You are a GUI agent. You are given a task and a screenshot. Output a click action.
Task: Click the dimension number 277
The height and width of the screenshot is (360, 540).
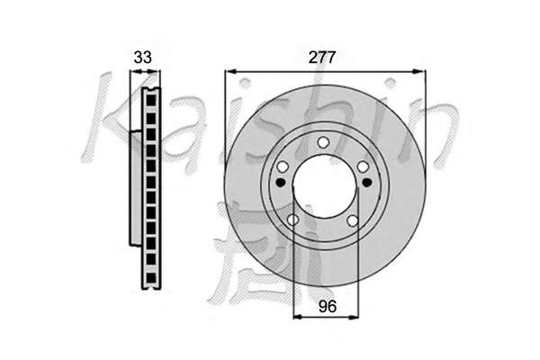321,58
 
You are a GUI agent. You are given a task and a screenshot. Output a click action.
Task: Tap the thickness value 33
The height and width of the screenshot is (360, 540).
142,58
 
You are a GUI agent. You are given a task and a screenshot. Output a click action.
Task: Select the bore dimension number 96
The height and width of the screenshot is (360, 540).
327,306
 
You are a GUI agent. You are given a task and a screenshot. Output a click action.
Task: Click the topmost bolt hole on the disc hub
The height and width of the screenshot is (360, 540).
323,142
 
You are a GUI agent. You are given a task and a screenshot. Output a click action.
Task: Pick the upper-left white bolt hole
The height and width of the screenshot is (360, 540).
283,167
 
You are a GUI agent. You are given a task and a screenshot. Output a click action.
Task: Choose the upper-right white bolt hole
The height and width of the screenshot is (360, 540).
363,167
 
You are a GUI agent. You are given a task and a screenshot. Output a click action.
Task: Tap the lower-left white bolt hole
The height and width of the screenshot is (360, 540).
292,220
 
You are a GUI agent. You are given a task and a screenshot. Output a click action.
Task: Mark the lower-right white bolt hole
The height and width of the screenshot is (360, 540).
352,220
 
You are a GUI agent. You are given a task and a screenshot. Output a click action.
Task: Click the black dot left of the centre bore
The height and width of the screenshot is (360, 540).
281,182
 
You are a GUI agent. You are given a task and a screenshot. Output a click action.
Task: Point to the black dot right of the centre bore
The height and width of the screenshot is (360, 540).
367,182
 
